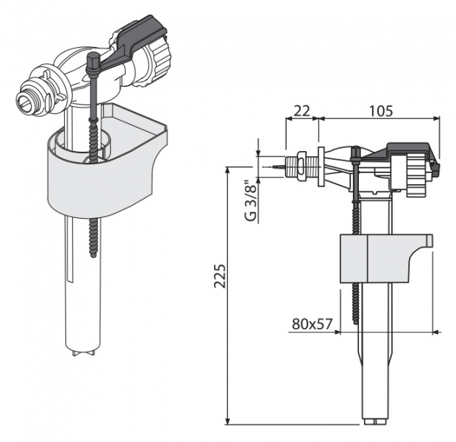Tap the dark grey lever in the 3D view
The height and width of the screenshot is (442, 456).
[131, 45]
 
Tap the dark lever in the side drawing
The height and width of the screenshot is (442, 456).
[401, 155]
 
